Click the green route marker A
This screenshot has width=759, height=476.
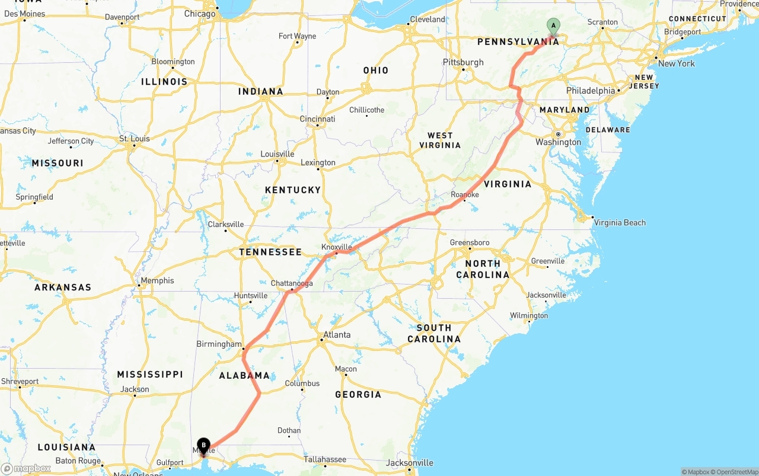pyautogui.click(x=553, y=25)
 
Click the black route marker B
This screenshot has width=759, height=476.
pyautogui.click(x=203, y=445)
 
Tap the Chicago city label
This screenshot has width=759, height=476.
pyautogui.click(x=200, y=14)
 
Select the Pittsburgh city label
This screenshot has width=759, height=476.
pyautogui.click(x=463, y=62)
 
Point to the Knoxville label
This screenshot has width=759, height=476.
pyautogui.click(x=337, y=247)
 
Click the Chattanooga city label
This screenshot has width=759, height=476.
pyautogui.click(x=292, y=283)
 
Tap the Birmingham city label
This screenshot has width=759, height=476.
pyautogui.click(x=219, y=344)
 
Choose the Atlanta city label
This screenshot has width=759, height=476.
pyautogui.click(x=337, y=335)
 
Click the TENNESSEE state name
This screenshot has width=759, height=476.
pyautogui.click(x=270, y=252)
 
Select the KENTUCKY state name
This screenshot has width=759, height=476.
pyautogui.click(x=293, y=190)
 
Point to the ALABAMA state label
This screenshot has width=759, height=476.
pyautogui.click(x=244, y=375)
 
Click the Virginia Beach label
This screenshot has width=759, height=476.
pyautogui.click(x=620, y=223)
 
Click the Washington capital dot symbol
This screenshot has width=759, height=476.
pyautogui.click(x=558, y=134)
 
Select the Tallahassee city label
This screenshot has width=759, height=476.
pyautogui.click(x=325, y=459)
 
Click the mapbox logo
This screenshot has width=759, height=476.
pyautogui.click(x=26, y=469)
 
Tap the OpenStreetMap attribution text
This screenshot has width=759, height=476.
pyautogui.click(x=735, y=472)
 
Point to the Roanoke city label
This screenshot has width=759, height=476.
pyautogui.click(x=465, y=194)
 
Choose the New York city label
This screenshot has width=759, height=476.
pyautogui.click(x=677, y=63)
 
